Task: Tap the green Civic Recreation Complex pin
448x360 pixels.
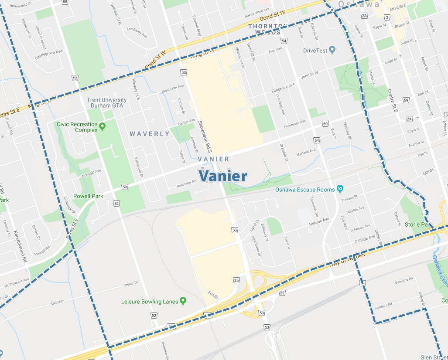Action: pyautogui.click(x=103, y=127)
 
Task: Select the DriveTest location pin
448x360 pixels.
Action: pyautogui.click(x=332, y=51)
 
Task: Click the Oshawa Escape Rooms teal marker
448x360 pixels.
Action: pyautogui.click(x=340, y=189)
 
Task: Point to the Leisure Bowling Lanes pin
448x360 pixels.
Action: pyautogui.click(x=183, y=301)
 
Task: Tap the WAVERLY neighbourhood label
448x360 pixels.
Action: pyautogui.click(x=150, y=134)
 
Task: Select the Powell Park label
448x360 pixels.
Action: pyautogui.click(x=88, y=196)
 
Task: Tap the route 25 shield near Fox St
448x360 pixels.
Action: pyautogui.click(x=236, y=280)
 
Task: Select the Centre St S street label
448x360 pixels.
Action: pyautogui.click(x=392, y=100)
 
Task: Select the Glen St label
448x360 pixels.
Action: pyautogui.click(x=434, y=357)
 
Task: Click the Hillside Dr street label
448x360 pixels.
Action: pyautogui.click(x=319, y=221)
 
